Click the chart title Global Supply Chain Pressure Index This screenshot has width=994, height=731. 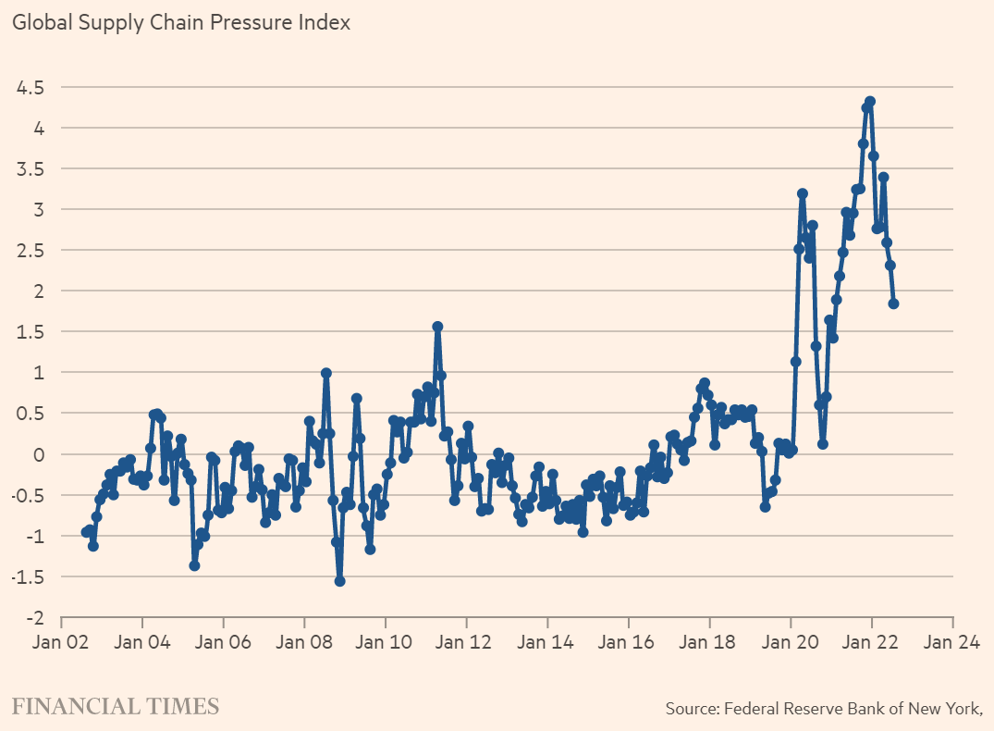coord(181,22)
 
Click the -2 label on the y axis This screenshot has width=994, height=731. coord(34,617)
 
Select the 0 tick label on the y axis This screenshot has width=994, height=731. coord(39,454)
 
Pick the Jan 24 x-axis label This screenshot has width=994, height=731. coord(952,640)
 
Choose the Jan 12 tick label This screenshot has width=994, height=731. coord(466,640)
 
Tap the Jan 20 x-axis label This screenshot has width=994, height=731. coord(791,640)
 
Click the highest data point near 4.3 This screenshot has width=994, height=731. coord(870,102)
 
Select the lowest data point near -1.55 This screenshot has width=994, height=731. coord(339,581)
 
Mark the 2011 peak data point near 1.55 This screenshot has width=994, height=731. coord(437,327)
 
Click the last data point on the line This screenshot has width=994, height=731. coord(894,304)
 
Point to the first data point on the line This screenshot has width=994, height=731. coord(86,532)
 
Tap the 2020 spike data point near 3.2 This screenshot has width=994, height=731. coord(803,193)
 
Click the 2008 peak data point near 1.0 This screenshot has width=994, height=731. coord(326,373)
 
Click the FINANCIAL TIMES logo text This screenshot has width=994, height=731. coord(116,707)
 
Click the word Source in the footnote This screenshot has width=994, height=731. coord(691,709)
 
